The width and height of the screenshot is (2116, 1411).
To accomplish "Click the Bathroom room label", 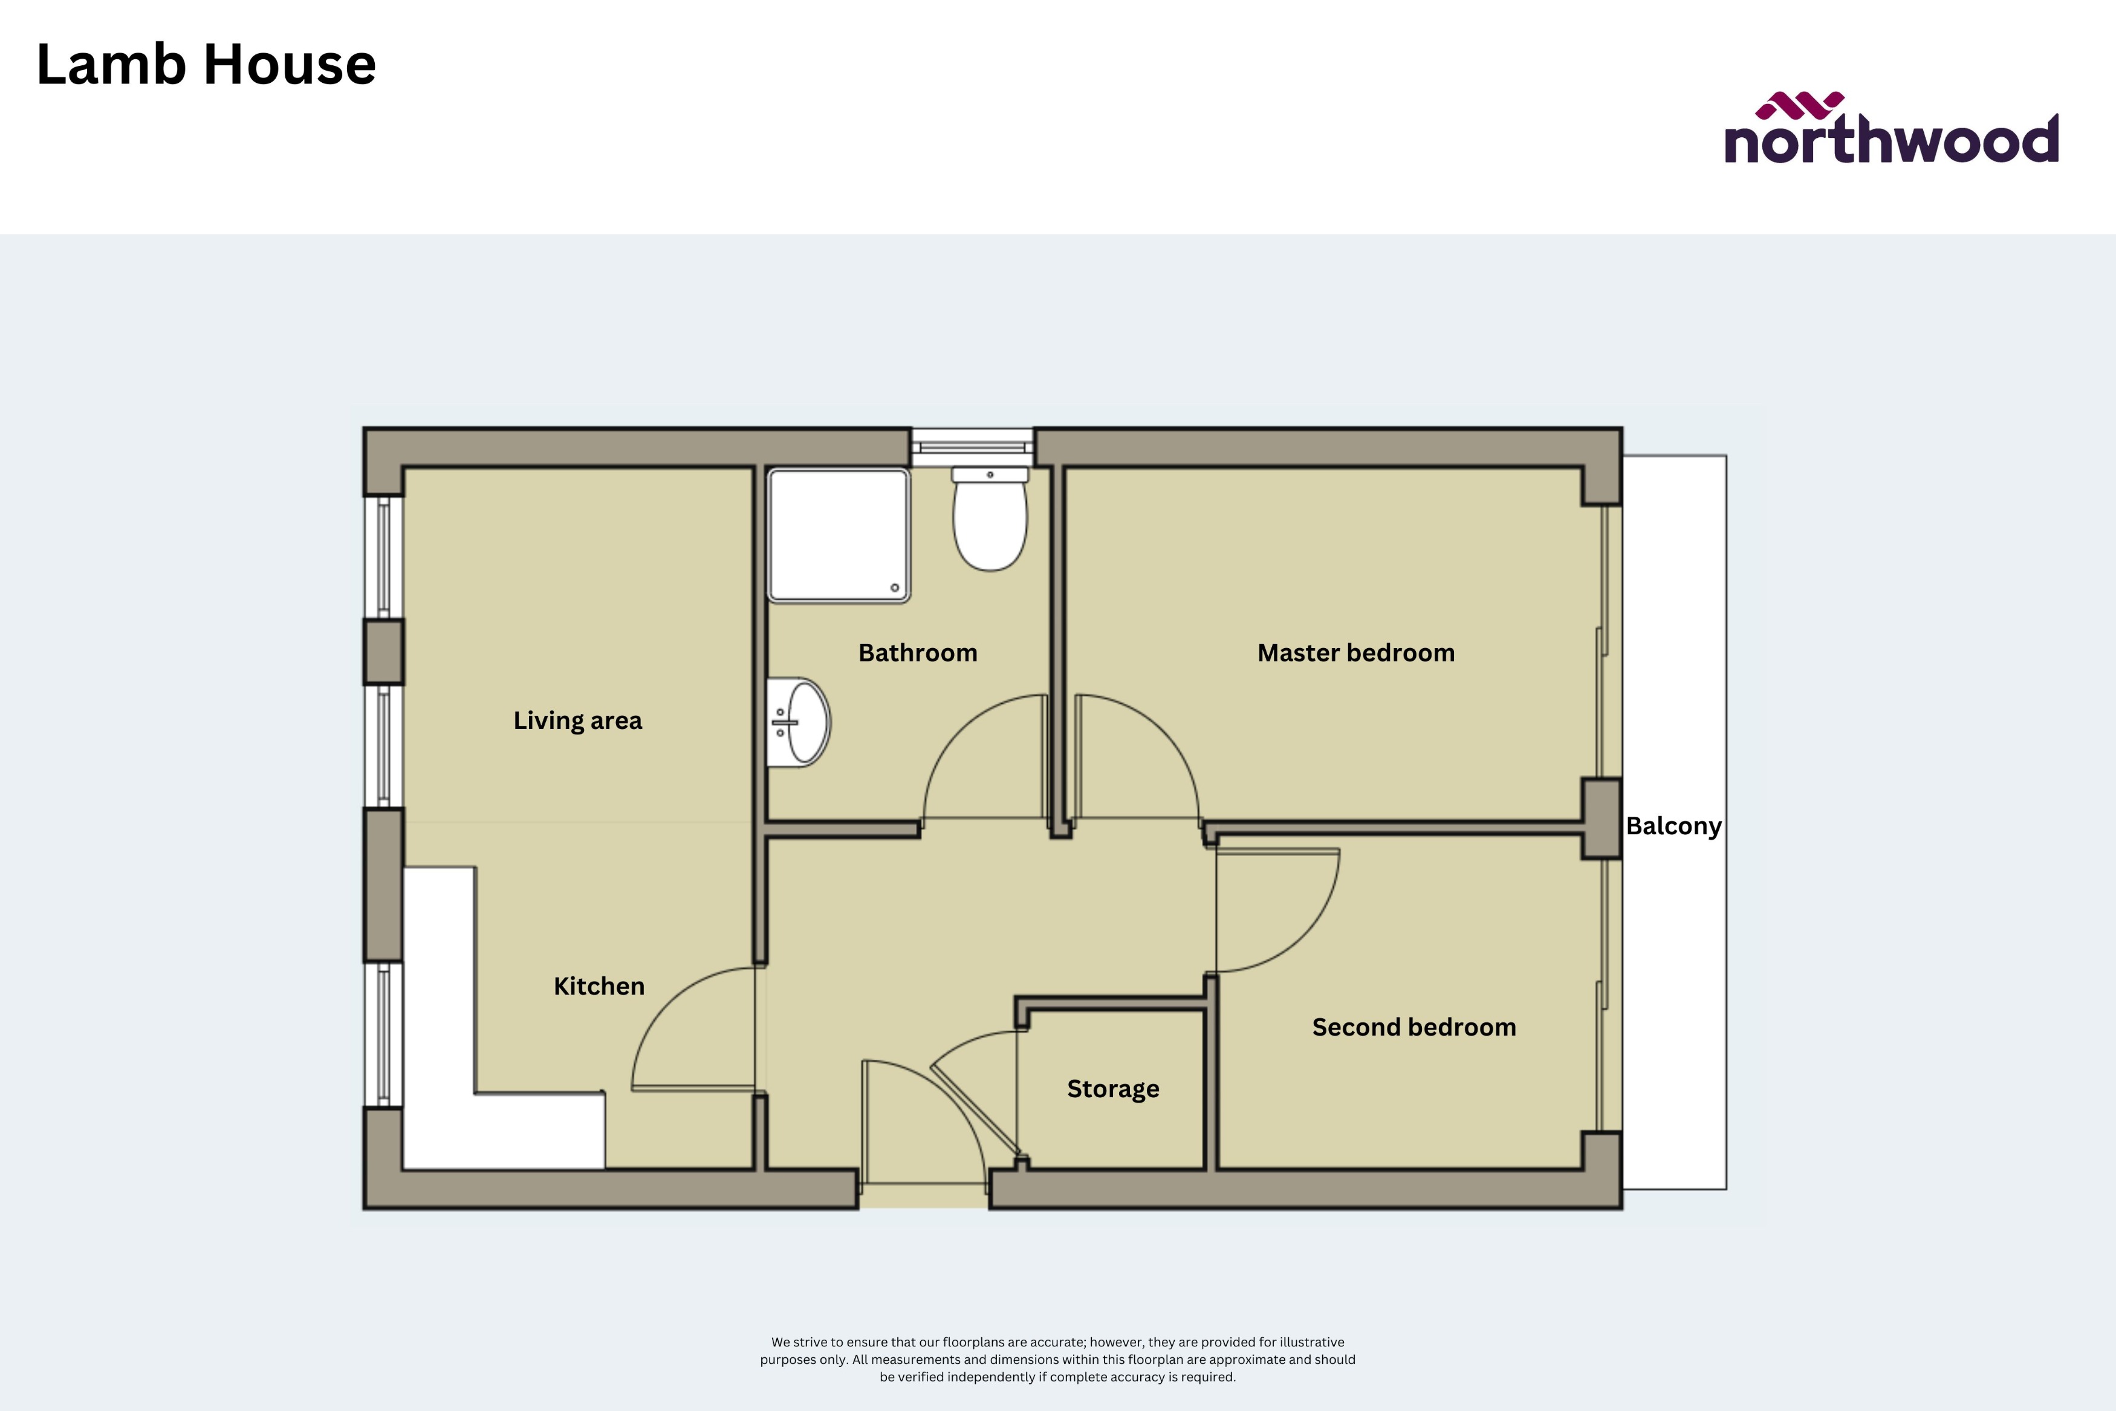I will point(918,652).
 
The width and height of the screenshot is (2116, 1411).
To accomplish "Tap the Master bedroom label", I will point(1356,652).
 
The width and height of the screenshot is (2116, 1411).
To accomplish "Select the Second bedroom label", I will point(1413,1027).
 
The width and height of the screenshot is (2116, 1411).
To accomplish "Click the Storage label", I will point(1113,1089).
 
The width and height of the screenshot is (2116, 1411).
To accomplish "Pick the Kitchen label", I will point(599,986).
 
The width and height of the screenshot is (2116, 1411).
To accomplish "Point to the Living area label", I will point(577,720).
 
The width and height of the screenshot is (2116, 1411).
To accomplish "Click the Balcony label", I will point(1673,826).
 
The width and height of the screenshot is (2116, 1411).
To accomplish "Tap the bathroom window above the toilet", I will point(972,446).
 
